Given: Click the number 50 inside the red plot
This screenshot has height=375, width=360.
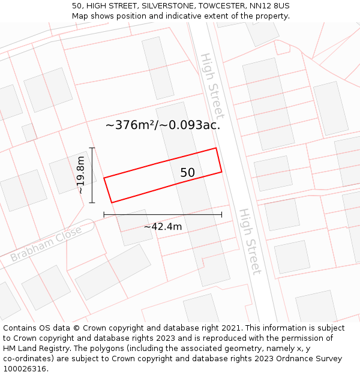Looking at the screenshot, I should pos(188,173).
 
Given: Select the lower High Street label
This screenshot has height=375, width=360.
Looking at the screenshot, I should pos(250,241).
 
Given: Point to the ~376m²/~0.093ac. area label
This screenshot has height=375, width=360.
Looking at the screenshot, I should pos(163,125).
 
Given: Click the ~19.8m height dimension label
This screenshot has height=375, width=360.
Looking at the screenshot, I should pos(81,175).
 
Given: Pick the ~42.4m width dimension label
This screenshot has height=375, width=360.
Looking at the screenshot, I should pos(163,227).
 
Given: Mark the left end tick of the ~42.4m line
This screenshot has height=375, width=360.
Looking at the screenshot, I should pos(104,214).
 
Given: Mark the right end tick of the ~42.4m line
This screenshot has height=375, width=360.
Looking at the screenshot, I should pos(221,214).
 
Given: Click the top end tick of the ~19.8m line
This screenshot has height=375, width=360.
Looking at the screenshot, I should pos(92,148).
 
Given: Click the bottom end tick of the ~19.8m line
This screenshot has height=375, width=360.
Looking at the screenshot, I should pos(92,203).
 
